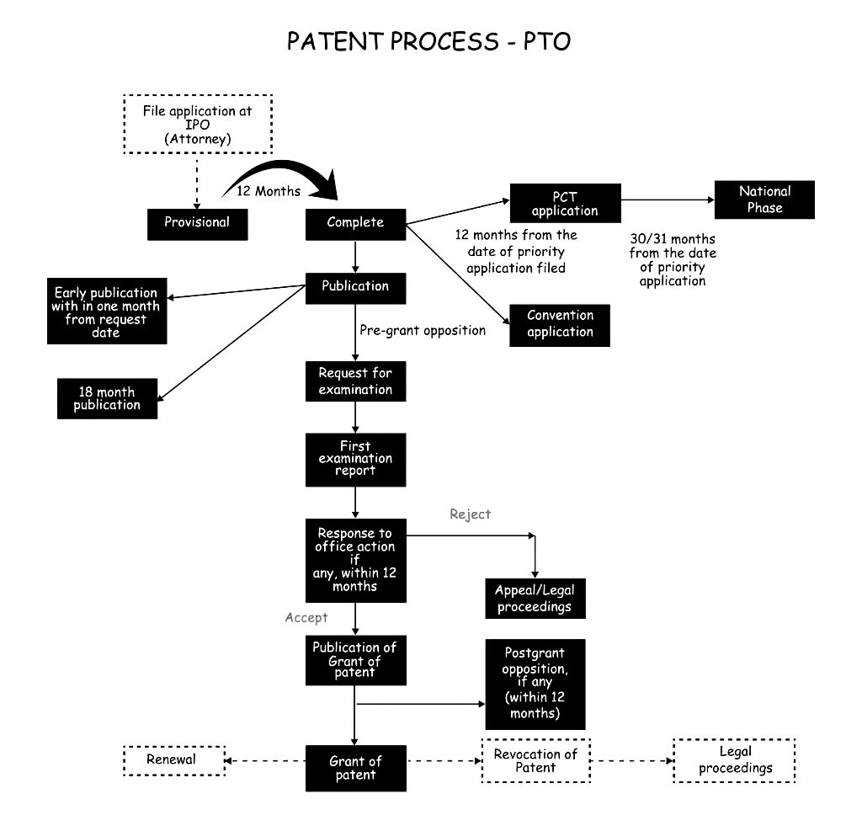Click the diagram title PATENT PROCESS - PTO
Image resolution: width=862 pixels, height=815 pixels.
429,41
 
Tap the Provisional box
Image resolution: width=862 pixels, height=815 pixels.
197,222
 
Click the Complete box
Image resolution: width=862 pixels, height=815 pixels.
355,222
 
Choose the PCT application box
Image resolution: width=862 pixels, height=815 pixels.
565,203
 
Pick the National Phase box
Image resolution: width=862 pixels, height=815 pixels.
764,200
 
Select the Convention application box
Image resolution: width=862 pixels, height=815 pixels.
560,324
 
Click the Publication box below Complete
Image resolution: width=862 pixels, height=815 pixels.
355,286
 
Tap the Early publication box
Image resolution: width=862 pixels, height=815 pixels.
106,312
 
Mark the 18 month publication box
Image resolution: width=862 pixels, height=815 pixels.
107,398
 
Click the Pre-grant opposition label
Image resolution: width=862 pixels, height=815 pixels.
423,330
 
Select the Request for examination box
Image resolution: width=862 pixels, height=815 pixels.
355,381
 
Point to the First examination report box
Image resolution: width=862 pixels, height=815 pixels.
355,459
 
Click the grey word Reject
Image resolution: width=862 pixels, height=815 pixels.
470,514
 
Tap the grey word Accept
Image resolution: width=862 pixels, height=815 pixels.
306,617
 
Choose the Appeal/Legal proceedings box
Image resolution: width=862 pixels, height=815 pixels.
535,598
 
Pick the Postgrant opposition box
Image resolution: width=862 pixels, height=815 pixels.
535,684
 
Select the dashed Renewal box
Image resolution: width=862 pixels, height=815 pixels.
174,760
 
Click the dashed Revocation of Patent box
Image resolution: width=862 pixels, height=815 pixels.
535,760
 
